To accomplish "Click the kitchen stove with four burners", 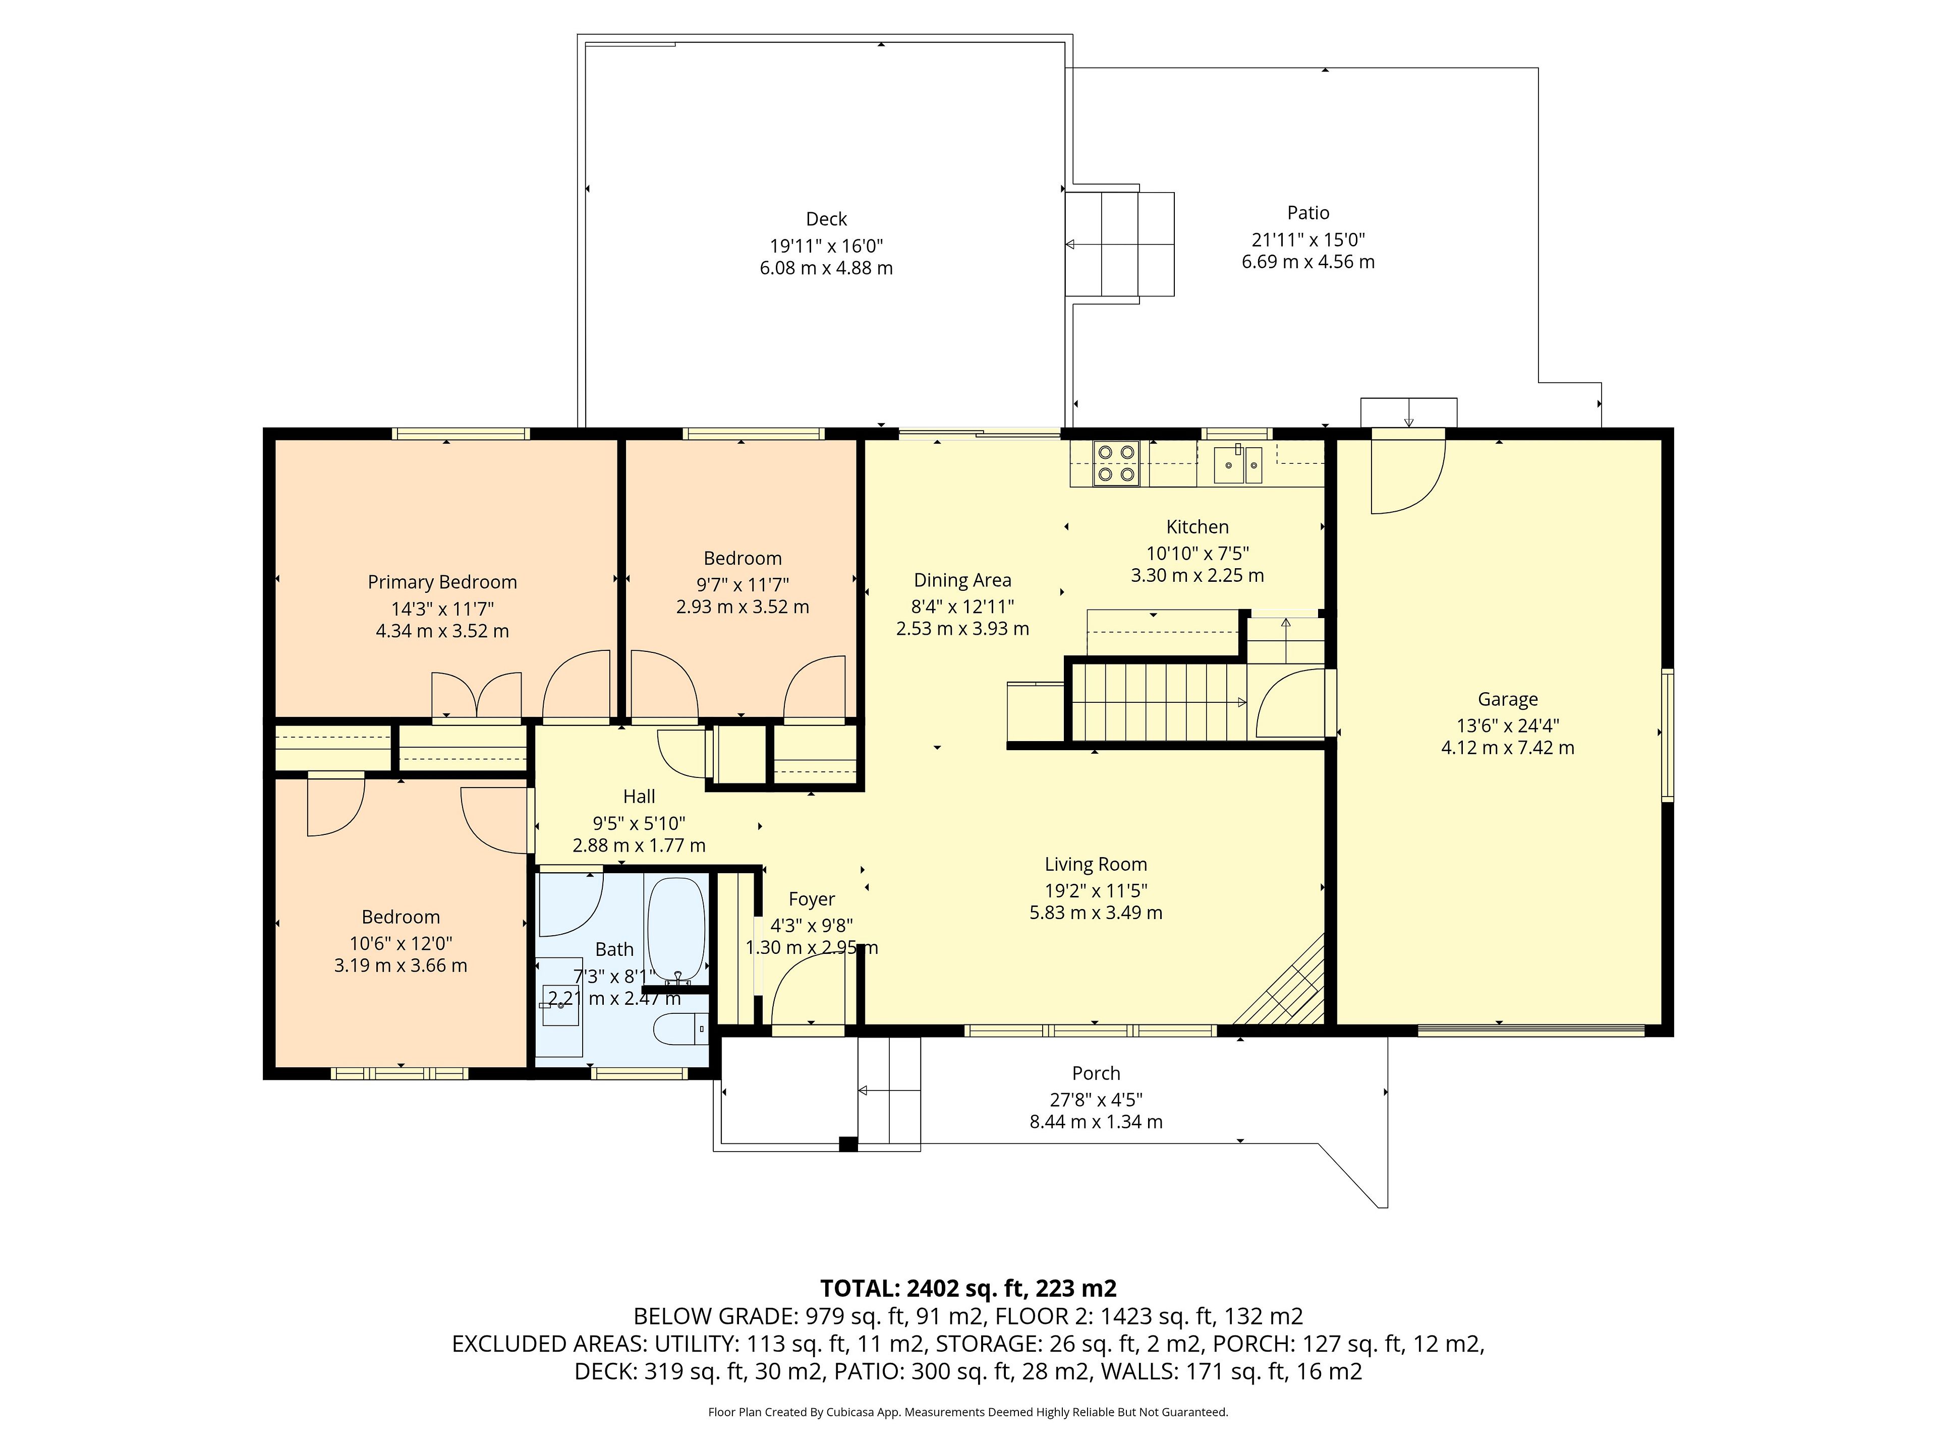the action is (1116, 463).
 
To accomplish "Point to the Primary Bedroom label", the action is (442, 582).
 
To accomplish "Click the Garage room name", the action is (1508, 699).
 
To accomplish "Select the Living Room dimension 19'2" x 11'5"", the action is (1096, 890).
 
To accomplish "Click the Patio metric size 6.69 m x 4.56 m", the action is (1308, 262).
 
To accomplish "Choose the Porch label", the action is (1096, 1073).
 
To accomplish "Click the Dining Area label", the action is (962, 580).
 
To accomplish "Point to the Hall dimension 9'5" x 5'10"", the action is (639, 823).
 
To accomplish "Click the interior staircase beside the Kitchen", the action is (1159, 702).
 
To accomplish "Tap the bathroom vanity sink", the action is (559, 1002).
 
